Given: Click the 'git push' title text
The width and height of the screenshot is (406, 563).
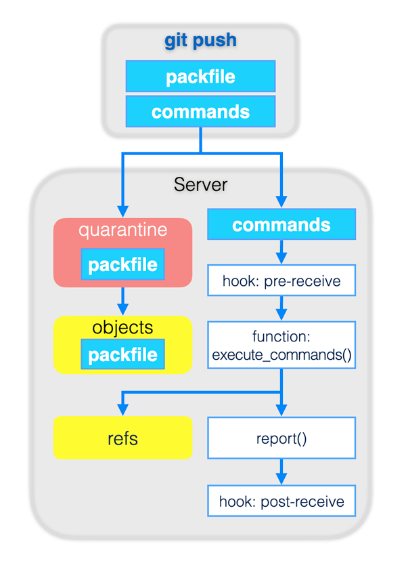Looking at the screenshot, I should point(200,41).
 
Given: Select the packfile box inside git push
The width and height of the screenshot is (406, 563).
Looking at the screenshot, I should point(200,77).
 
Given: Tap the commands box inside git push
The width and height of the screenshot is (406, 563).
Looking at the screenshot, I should point(200,111).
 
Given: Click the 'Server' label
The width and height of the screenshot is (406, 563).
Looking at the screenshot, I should point(200,184).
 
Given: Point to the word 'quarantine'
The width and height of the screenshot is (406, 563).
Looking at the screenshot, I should point(122,230).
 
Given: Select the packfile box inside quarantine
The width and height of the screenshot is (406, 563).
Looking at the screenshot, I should point(122,264).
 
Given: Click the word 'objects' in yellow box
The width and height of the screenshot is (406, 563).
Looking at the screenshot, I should point(122,328).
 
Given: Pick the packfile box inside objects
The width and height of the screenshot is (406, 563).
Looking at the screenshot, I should point(122,354).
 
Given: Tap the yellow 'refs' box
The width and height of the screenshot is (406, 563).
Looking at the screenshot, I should point(122,438).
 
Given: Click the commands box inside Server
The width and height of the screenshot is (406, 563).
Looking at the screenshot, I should point(281,225).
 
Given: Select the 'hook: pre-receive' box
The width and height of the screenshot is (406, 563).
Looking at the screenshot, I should point(281,280).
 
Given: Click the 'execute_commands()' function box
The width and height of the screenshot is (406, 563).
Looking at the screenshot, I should point(281,345).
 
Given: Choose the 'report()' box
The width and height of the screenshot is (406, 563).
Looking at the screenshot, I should point(281,438).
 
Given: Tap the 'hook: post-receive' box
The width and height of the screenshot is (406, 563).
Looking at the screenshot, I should point(281,502).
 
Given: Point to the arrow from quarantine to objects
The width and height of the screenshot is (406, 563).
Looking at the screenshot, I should point(122,299).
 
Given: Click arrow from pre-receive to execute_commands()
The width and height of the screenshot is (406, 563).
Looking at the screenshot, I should point(281,309).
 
